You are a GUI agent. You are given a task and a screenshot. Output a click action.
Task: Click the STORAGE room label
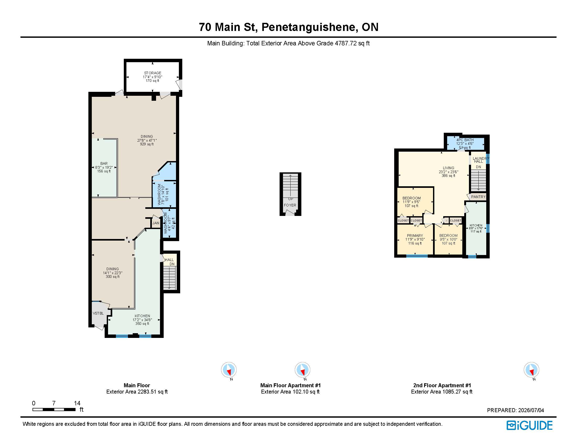point(152,73)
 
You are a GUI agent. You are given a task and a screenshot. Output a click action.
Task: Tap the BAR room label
point(104,163)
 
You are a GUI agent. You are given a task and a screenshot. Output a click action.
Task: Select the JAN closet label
point(156,223)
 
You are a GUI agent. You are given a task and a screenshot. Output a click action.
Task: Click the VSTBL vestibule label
point(98,313)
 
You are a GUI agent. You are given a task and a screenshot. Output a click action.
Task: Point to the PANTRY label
point(478,197)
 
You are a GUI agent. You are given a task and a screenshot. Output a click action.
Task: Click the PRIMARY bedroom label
point(415,236)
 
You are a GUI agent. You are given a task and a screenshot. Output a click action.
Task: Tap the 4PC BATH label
point(465,140)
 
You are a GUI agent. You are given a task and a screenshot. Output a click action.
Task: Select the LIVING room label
point(448,168)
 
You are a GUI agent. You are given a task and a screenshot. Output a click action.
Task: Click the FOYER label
point(290,205)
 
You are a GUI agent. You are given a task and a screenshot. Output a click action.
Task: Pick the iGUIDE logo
point(530,426)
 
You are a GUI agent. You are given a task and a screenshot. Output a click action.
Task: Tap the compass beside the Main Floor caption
point(229,370)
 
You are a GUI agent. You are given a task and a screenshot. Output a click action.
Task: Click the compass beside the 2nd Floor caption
point(531,370)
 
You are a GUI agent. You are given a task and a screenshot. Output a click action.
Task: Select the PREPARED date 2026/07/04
point(531,410)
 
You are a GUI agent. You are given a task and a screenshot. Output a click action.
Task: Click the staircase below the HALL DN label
point(169,278)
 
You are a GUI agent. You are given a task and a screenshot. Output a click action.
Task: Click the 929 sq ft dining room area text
point(147,144)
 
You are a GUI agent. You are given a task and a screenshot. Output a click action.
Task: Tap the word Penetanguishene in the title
point(308,27)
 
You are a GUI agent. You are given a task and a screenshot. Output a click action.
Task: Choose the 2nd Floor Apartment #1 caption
point(442,385)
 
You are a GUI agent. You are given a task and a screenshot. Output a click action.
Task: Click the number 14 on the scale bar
point(77,403)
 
